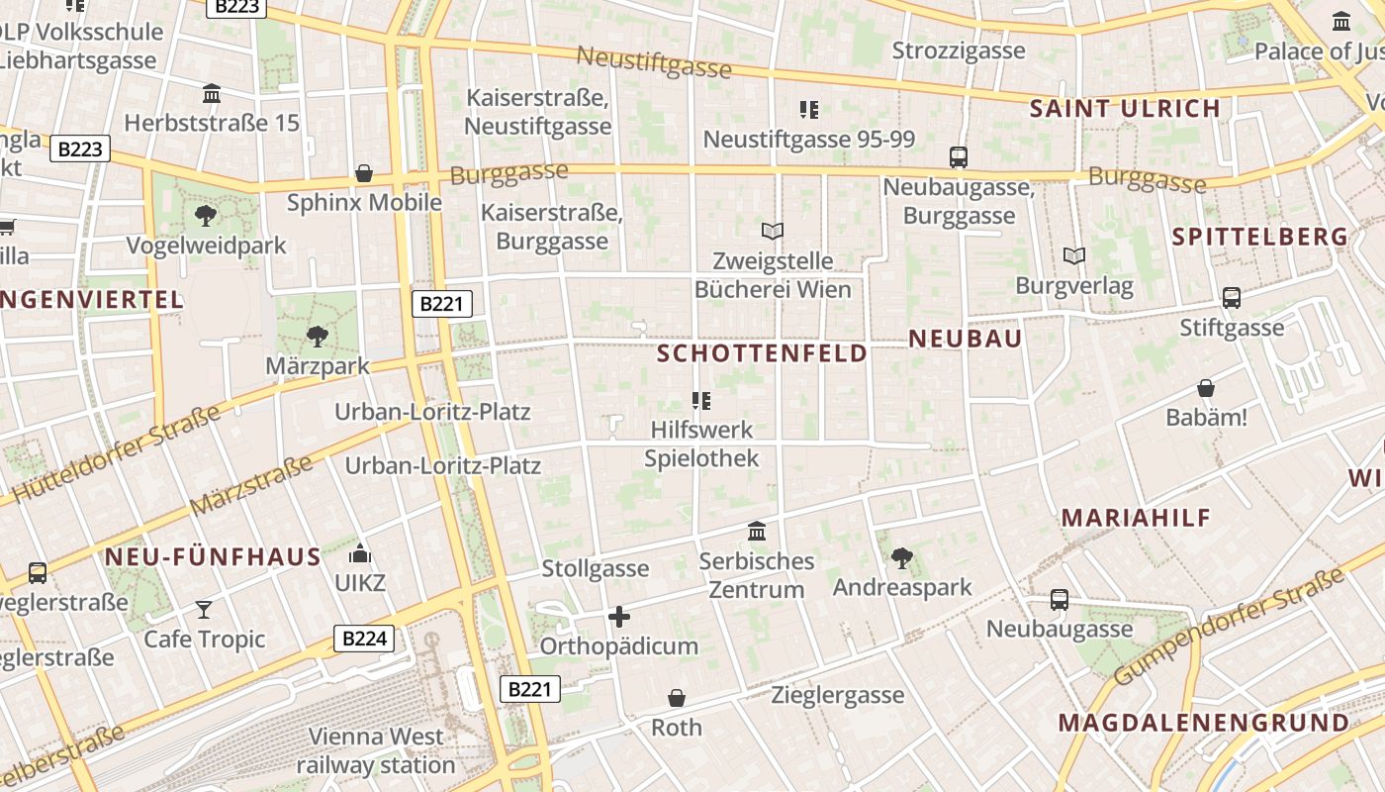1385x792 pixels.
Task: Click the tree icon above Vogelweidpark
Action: (206, 215)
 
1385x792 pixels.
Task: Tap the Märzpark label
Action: (317, 365)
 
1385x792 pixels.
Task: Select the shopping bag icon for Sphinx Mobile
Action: (364, 173)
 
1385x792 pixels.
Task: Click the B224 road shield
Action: (364, 639)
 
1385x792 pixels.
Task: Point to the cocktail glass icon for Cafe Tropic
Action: (204, 609)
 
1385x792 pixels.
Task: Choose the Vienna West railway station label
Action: (376, 750)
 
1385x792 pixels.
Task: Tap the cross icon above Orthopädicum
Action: (619, 617)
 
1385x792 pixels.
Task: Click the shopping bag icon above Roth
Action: (677, 698)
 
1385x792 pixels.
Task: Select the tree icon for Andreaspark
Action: (901, 557)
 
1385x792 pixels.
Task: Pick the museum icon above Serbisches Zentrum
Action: (757, 532)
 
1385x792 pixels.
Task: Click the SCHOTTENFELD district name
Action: (762, 353)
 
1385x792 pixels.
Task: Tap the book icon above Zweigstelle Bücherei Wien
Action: (773, 231)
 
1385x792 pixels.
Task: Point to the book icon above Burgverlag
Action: (1073, 255)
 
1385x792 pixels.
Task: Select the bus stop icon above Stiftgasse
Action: (1232, 297)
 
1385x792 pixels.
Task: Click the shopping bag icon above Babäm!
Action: (1206, 388)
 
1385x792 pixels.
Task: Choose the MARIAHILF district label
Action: (1137, 518)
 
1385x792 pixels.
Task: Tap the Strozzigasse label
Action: (959, 49)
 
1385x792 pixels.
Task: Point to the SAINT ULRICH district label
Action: (1125, 109)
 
